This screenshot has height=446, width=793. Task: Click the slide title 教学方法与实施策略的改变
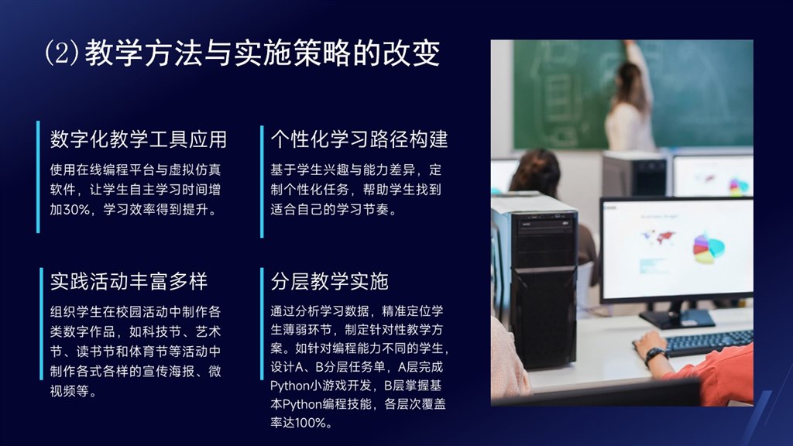pyautogui.click(x=263, y=53)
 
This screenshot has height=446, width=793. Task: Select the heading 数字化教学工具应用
pyautogui.click(x=138, y=139)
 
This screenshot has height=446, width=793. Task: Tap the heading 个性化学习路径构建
pyautogui.click(x=359, y=139)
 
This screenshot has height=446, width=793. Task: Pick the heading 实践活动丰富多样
pyautogui.click(x=129, y=282)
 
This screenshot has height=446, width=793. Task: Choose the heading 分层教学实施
pyautogui.click(x=329, y=282)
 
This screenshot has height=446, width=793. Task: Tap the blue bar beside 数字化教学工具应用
pyautogui.click(x=38, y=177)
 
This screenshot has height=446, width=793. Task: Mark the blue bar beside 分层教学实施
pyautogui.click(x=262, y=324)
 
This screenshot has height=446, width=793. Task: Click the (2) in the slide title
pyautogui.click(x=62, y=53)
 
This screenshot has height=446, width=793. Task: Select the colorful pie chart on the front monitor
pyautogui.click(x=708, y=248)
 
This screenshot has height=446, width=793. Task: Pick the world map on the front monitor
pyautogui.click(x=657, y=237)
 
